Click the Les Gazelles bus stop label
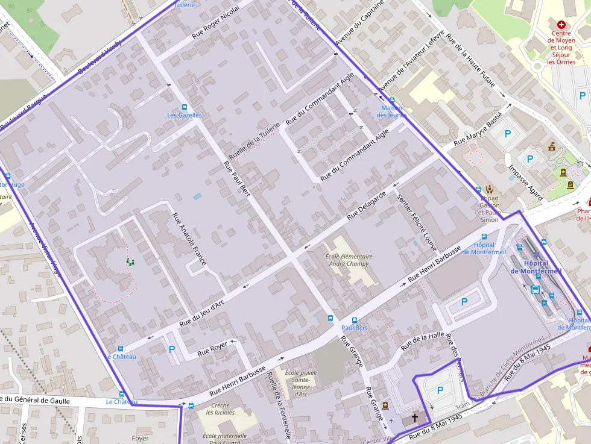point(185,115)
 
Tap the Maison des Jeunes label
point(391,111)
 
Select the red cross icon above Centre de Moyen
point(561,25)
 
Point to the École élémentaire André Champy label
point(349,260)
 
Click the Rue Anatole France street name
point(189,239)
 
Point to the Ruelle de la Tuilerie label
point(254,138)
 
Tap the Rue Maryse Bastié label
point(478,131)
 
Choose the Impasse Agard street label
point(525,183)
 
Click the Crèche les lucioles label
point(221,409)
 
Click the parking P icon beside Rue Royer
point(172,349)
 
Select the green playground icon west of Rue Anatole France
point(130,261)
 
